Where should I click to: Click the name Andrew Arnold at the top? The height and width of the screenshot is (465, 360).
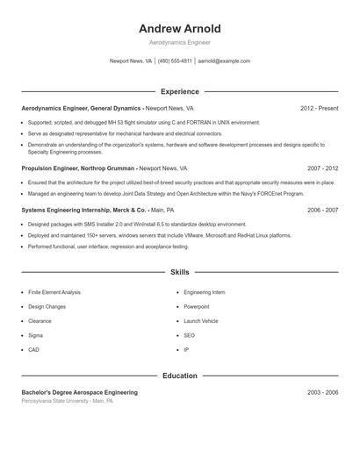180,28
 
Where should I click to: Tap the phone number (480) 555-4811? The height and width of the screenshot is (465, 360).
175,61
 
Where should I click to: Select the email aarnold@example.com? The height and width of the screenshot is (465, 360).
224,61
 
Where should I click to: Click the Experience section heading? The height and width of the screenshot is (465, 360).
180,91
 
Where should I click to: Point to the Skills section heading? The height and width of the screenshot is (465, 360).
180,273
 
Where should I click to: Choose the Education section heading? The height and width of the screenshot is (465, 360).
180,376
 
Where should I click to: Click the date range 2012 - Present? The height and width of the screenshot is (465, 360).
319,108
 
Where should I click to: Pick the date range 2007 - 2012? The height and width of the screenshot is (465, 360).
322,168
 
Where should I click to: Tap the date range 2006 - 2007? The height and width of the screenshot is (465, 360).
322,211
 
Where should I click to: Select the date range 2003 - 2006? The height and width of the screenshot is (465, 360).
322,392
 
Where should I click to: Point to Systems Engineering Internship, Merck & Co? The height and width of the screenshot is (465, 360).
83,211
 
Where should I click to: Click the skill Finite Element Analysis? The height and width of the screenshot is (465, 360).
54,292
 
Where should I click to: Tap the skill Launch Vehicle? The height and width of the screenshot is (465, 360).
201,321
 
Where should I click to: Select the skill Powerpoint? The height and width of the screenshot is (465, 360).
197,307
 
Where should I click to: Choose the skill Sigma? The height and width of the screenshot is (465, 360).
35,335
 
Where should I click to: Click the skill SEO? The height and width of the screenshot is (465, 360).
189,335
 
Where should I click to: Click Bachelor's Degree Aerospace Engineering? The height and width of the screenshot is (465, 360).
79,392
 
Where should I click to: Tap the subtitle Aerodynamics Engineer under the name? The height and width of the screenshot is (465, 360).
180,42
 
